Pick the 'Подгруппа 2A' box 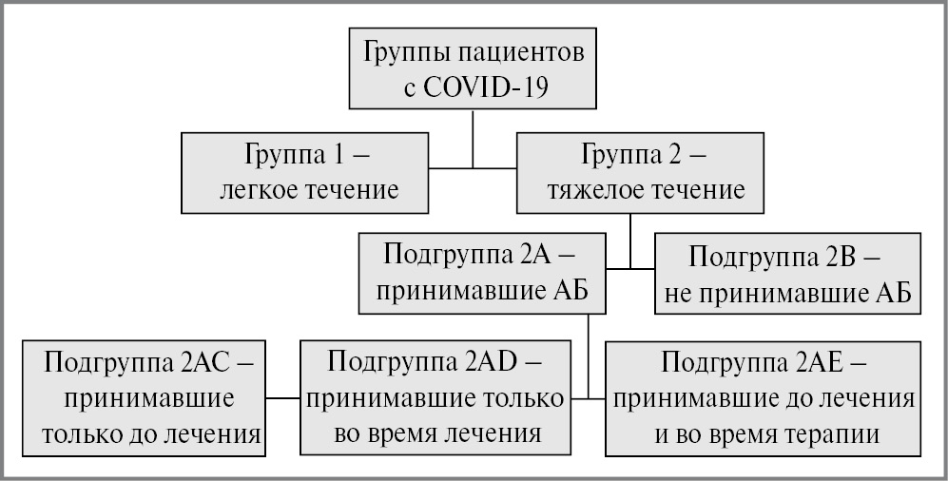(483, 275)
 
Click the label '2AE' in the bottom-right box (830, 362)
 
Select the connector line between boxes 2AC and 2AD (283, 397)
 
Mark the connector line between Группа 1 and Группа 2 (472, 169)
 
